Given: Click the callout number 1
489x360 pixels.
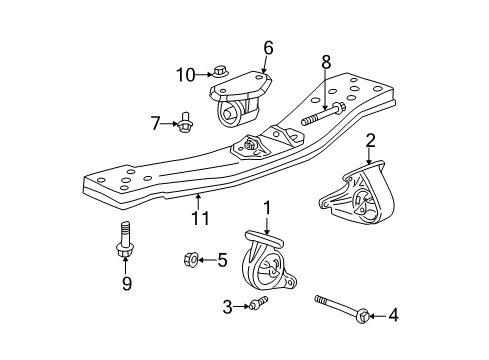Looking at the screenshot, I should [267, 207].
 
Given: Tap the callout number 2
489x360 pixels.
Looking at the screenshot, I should [370, 140].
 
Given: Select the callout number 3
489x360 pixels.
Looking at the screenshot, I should [228, 307].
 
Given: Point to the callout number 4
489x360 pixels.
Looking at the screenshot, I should [393, 316].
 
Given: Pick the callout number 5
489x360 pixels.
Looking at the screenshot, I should [223, 261].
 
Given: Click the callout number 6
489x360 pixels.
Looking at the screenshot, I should [268, 47].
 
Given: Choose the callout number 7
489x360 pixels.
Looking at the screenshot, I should [155, 122].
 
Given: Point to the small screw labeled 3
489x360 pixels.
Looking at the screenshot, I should [258, 302].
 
